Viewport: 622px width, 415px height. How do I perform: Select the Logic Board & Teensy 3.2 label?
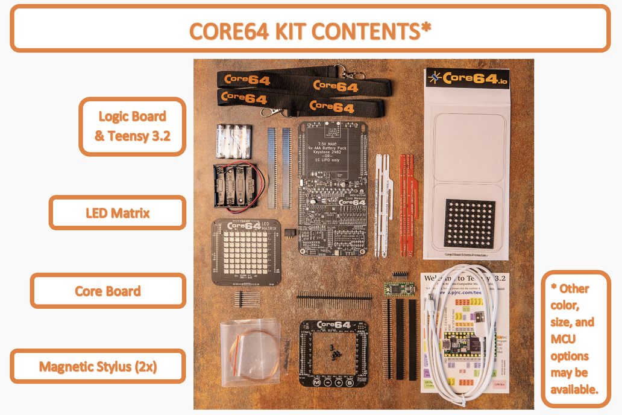point(132,126)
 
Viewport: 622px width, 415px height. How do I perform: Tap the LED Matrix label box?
point(118,212)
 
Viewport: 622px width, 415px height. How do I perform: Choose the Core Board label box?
point(108,291)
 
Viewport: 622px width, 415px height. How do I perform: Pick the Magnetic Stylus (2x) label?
point(98,366)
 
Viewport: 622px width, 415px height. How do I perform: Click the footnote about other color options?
point(576,338)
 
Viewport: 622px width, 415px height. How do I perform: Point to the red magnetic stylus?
point(407,202)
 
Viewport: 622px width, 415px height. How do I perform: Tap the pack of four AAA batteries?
point(232,141)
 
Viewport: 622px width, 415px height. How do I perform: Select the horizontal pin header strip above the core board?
point(333,297)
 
